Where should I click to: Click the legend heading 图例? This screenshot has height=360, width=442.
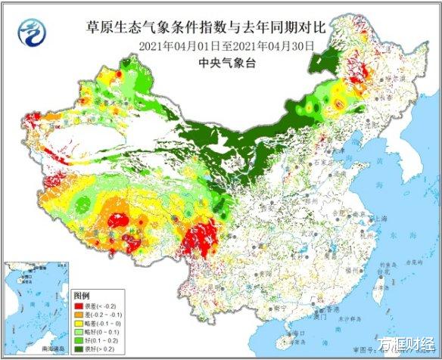click(81, 293)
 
